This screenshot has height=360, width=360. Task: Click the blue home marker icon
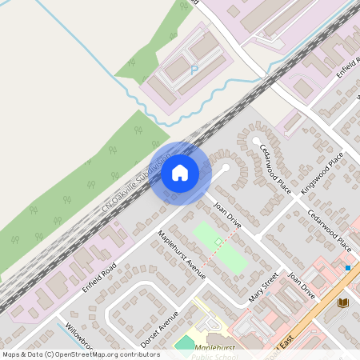coord(180,172)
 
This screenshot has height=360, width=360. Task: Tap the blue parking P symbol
coord(194,70)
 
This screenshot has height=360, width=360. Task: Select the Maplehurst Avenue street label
coord(183,255)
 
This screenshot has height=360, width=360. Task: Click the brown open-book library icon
coord(344,302)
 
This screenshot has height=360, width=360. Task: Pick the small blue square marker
coord(348,267)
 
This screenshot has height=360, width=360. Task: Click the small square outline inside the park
coord(219,241)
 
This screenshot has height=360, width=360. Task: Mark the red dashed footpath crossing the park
coord(216,252)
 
